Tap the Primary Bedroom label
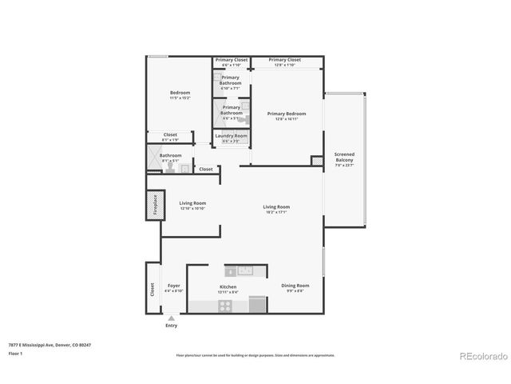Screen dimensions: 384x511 (x=286, y=114)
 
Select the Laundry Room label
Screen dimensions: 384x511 (x=231, y=136)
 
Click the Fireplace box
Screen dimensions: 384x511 (x=154, y=206)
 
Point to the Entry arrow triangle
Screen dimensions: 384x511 (x=171, y=318)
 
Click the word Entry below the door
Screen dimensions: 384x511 (x=171, y=326)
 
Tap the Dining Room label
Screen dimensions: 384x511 (x=295, y=286)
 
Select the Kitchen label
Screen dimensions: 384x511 (x=228, y=286)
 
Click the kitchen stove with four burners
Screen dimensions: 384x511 (x=257, y=303)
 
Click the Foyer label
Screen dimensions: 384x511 (x=173, y=286)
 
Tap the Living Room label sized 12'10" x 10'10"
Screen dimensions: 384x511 (x=192, y=203)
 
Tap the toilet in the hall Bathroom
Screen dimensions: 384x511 (x=183, y=168)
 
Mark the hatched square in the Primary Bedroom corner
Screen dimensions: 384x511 (x=317, y=161)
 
